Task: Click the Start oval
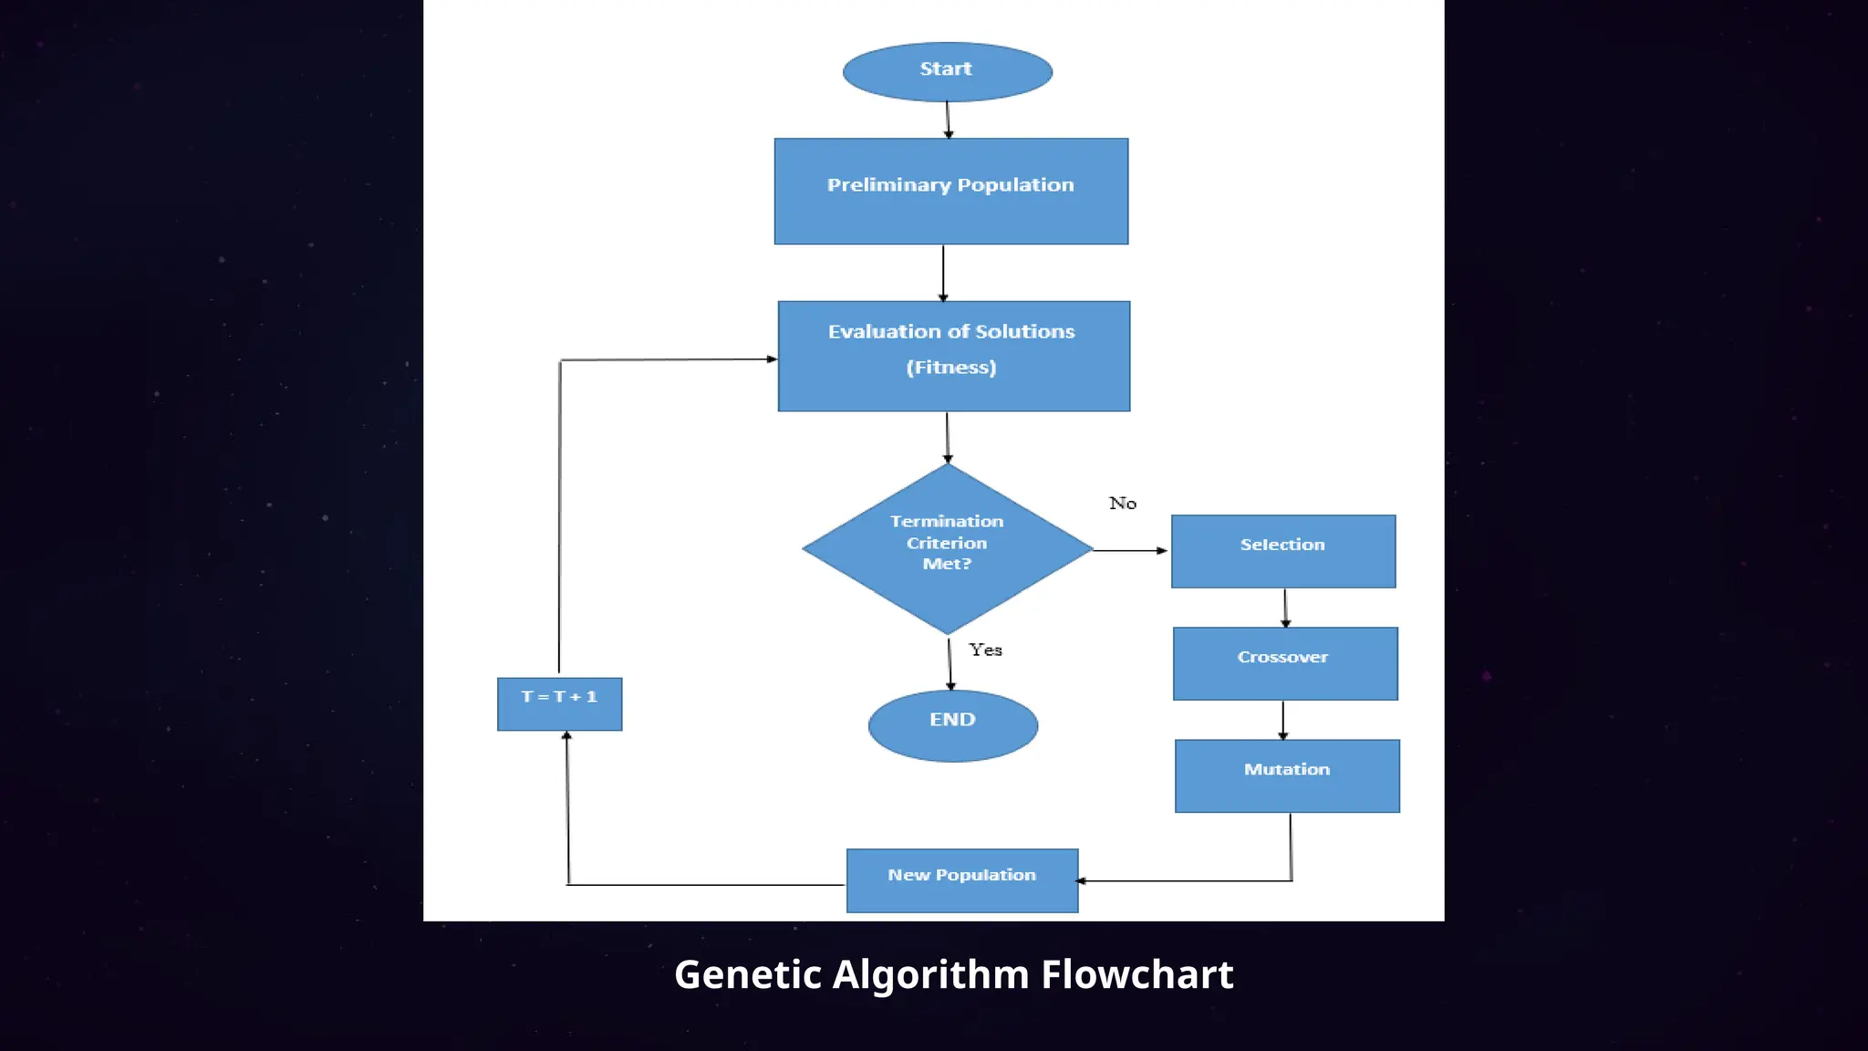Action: (x=947, y=71)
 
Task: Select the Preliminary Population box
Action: (x=950, y=192)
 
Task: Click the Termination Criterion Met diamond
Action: (x=947, y=547)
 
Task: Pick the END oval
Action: (x=952, y=725)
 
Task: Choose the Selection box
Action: (x=1282, y=551)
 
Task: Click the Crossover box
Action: (x=1284, y=663)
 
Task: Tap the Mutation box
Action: (x=1286, y=775)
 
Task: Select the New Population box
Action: (x=961, y=880)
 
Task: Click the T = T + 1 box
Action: (x=559, y=703)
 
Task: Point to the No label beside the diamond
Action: (x=1122, y=504)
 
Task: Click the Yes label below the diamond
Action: (x=985, y=650)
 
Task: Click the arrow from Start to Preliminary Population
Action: (x=948, y=120)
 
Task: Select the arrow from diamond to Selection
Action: (x=1129, y=550)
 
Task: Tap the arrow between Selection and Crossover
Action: (x=1285, y=608)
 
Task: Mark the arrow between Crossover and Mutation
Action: (x=1282, y=720)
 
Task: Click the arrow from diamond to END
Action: (x=950, y=663)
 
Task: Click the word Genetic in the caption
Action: (x=747, y=975)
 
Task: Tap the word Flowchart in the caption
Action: (x=1136, y=975)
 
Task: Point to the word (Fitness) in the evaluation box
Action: (x=950, y=368)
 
